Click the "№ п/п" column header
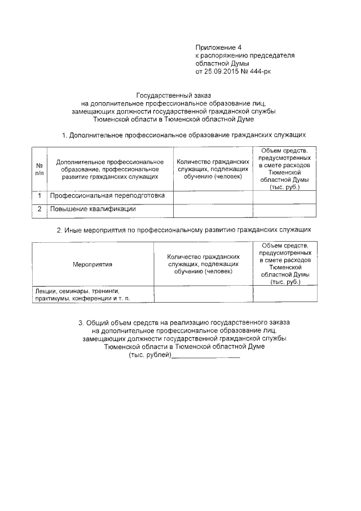pyautogui.click(x=39, y=169)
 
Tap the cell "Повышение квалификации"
pyautogui.click(x=93, y=209)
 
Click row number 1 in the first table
pyautogui.click(x=39, y=196)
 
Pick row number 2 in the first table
pyautogui.click(x=39, y=209)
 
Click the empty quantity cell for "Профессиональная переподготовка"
pyautogui.click(x=212, y=196)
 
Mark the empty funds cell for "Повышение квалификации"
pyautogui.click(x=284, y=209)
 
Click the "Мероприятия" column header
pyautogui.click(x=93, y=264)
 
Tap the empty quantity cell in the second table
pyautogui.click(x=203, y=294)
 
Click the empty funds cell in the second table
pyautogui.click(x=284, y=294)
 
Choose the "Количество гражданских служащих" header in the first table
pyautogui.click(x=212, y=169)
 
